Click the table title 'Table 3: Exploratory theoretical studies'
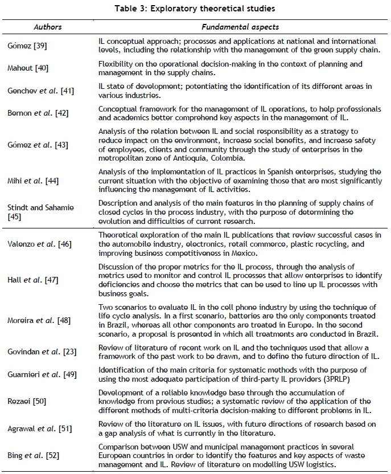pyautogui.click(x=195, y=8)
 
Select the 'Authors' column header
pyautogui.click(x=48, y=26)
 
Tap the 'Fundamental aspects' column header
pyautogui.click(x=240, y=26)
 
